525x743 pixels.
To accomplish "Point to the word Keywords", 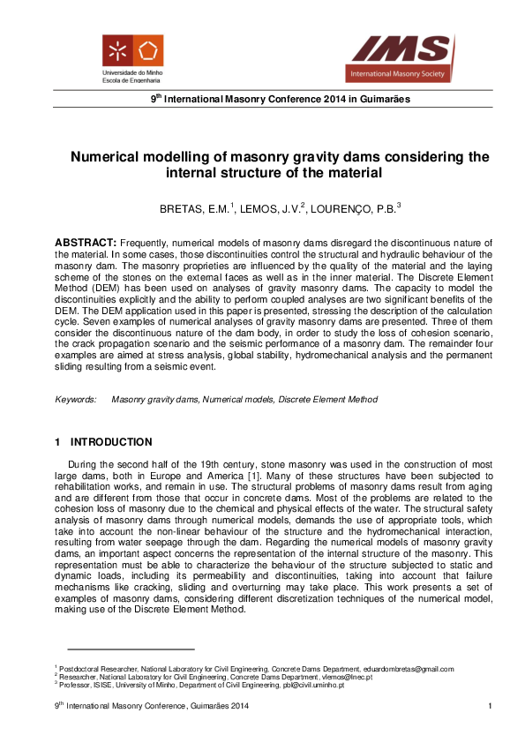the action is (x=76, y=399).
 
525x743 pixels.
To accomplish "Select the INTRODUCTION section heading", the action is (x=111, y=442).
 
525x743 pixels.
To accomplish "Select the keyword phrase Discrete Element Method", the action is (x=327, y=399).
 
